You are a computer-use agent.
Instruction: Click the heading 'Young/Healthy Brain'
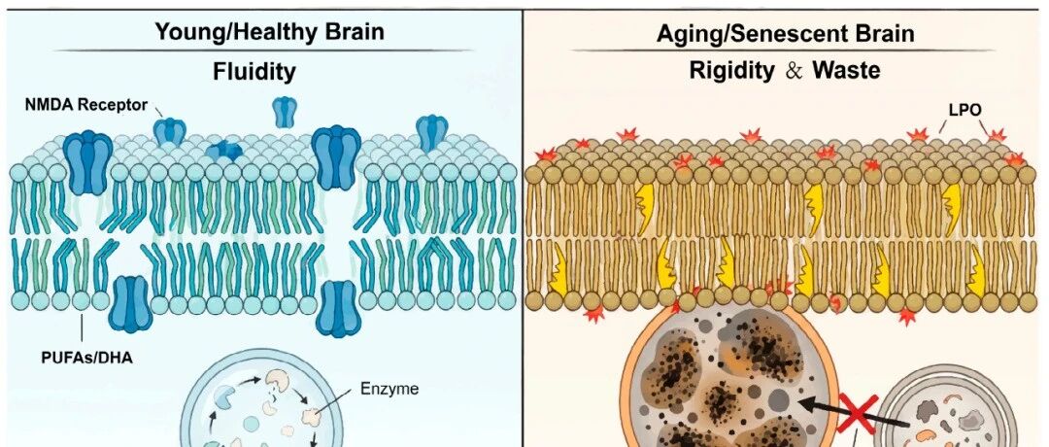[x=270, y=31]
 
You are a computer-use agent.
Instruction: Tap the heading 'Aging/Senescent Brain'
[x=785, y=33]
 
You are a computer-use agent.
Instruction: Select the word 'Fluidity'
[x=254, y=71]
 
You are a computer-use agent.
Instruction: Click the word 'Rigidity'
[x=732, y=70]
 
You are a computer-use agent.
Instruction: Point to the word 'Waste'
[x=846, y=70]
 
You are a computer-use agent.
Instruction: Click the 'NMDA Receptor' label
[x=85, y=105]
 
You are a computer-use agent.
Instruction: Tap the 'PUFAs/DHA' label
[x=87, y=358]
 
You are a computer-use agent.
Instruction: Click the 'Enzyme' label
[x=390, y=388]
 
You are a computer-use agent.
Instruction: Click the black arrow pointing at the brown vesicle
[x=852, y=413]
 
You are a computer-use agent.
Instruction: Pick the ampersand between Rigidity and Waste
[x=794, y=71]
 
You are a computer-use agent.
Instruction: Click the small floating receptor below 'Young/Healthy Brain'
[x=285, y=111]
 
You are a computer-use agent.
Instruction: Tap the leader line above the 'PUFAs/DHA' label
[x=83, y=327]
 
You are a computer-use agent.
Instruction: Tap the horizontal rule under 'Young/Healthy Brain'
[x=264, y=51]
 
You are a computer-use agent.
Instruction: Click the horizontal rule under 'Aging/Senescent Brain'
[x=783, y=51]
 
